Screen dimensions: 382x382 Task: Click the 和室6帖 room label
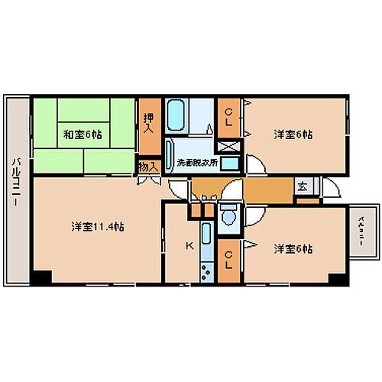click(83, 134)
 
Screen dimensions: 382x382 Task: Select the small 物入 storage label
click(148, 166)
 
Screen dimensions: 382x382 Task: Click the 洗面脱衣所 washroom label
click(196, 163)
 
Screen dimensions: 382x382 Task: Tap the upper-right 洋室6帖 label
click(293, 134)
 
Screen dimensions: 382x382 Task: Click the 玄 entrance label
click(303, 186)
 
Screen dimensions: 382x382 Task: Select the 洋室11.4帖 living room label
click(98, 227)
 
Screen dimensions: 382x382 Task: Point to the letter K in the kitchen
click(189, 246)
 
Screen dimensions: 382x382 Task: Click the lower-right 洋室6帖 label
click(293, 249)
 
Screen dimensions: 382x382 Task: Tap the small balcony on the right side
click(361, 229)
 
